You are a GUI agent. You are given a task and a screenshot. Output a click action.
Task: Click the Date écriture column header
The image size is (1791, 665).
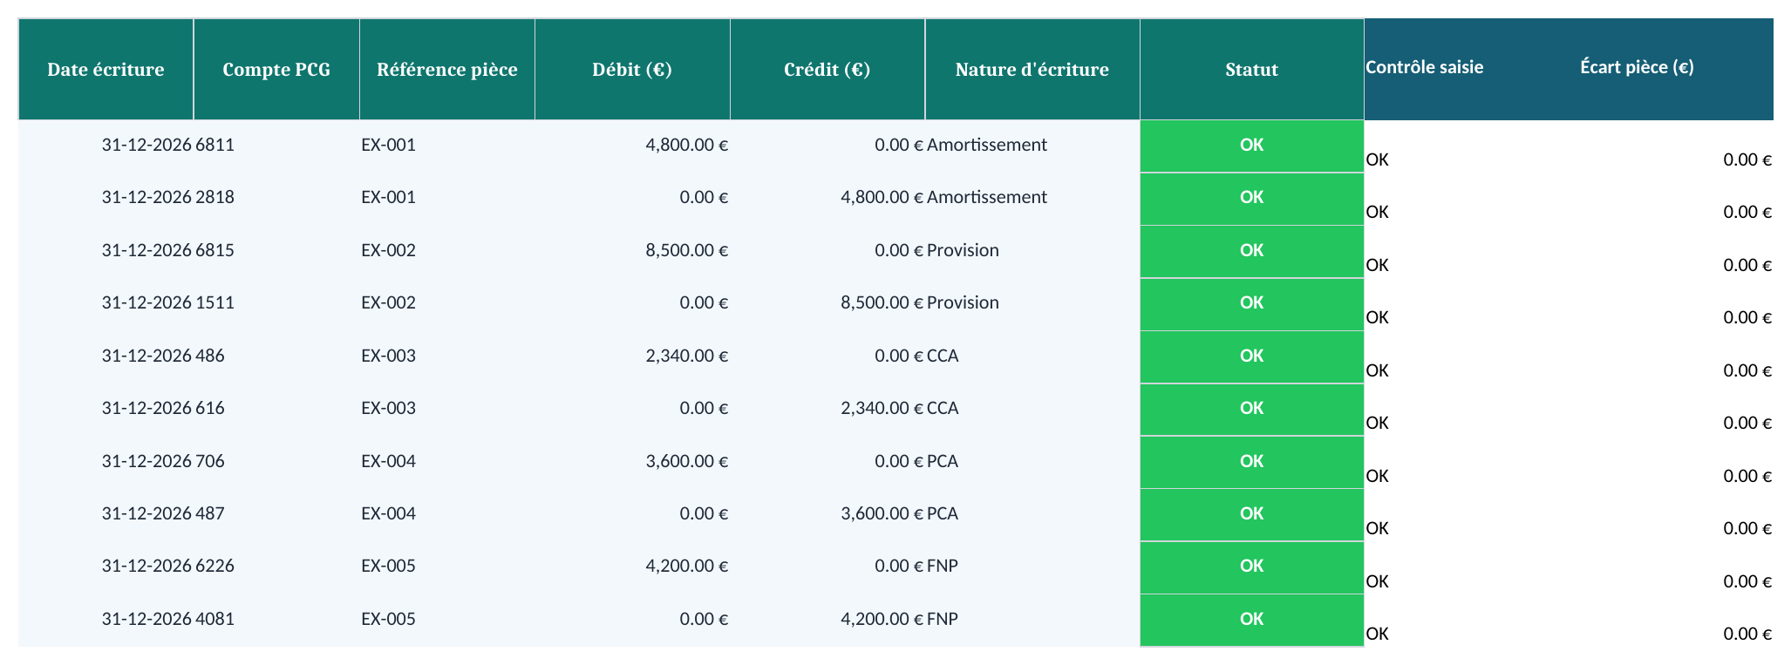tap(106, 70)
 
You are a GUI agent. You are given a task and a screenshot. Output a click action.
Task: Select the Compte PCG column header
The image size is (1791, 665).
tap(276, 70)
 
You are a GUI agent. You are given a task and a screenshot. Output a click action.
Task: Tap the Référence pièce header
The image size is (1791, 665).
tap(446, 70)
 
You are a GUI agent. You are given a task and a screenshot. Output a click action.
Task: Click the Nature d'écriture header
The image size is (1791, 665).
tap(1032, 70)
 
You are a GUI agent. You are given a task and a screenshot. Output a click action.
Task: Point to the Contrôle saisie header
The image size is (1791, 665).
tap(1424, 67)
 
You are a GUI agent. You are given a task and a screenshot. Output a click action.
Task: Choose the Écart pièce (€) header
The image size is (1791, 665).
tap(1637, 67)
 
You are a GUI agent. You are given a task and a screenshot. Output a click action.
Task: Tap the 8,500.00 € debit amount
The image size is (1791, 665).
tap(687, 250)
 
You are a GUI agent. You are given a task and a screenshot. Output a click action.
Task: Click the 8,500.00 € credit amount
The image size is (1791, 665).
tap(882, 302)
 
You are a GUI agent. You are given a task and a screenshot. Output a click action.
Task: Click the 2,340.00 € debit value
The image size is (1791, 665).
tap(687, 356)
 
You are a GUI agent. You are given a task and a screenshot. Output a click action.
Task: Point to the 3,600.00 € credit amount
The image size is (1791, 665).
tap(882, 513)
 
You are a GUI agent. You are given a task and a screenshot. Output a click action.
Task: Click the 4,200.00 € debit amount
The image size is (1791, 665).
tap(687, 566)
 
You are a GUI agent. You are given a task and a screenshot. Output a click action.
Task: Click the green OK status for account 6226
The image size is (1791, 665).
tap(1251, 567)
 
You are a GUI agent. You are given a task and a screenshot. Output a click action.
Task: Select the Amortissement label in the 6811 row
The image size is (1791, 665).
tap(987, 145)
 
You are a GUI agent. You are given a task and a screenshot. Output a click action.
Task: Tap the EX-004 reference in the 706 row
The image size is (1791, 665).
tap(389, 461)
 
